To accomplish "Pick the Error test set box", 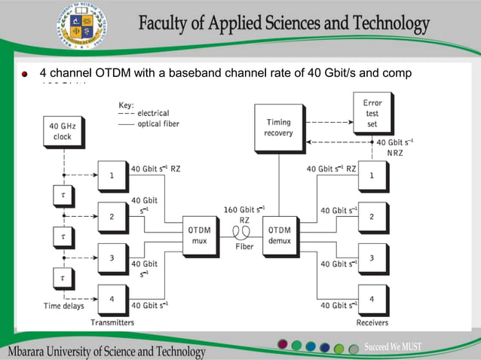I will pos(372,113).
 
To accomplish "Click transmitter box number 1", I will pos(112,176).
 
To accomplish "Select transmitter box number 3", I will pos(112,258).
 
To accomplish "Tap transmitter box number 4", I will pos(112,299).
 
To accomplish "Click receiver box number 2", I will pos(371,217).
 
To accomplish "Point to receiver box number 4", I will pos(371,299).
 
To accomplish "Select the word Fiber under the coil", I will pos(243,246).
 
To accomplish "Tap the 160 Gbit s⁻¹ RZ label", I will pos(244,213).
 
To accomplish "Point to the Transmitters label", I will pos(112,322).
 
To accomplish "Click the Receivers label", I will pos(371,322).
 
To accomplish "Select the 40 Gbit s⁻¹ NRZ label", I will pos(394,147).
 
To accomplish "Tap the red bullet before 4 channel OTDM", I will pos(25,75).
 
